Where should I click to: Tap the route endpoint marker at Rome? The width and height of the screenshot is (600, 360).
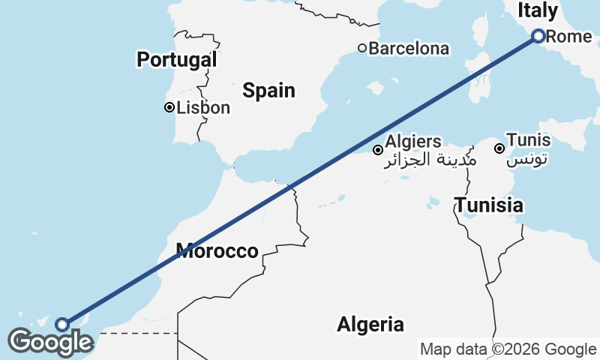click(538, 35)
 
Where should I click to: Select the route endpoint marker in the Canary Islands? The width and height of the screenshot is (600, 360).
click(62, 324)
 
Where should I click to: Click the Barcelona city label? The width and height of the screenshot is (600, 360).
click(409, 49)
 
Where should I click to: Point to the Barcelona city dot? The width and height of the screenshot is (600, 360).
click(362, 48)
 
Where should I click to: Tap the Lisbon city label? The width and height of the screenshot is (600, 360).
click(203, 108)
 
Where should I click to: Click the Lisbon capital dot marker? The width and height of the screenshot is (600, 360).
click(169, 107)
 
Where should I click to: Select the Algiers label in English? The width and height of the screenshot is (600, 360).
click(412, 141)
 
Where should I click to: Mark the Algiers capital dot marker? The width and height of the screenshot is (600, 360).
click(378, 150)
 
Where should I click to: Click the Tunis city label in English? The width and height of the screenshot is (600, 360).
click(528, 140)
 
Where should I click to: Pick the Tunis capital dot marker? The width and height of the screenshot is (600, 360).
click(499, 148)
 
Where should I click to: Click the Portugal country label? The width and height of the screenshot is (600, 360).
click(177, 60)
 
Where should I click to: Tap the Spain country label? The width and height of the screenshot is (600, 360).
click(268, 91)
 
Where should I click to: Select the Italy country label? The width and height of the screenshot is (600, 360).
click(538, 10)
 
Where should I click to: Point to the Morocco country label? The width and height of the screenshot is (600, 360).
click(217, 251)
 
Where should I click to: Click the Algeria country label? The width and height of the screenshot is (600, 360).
click(370, 325)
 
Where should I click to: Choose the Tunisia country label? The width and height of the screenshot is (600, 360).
click(489, 205)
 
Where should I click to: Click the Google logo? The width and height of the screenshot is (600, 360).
click(50, 342)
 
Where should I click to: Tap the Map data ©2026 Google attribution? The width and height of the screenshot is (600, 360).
click(508, 349)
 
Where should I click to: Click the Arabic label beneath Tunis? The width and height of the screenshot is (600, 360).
click(528, 159)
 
